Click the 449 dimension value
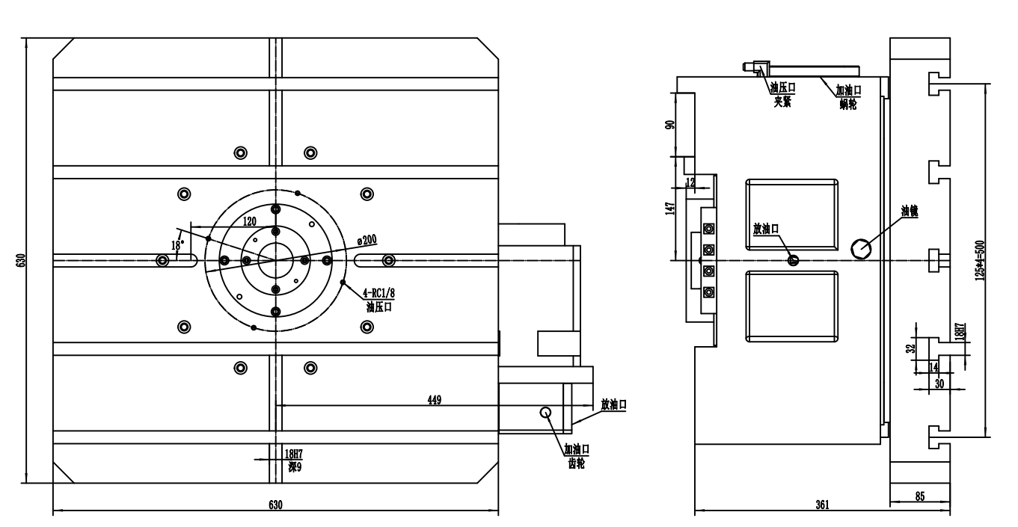pos(433,400)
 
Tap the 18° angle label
pos(177,244)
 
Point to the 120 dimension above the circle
pos(251,221)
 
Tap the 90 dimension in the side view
pos(670,125)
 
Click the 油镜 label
pos(909,211)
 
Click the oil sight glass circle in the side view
pos(862,248)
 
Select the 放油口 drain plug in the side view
pos(794,260)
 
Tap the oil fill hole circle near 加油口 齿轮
pos(546,412)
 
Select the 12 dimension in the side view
pos(689,182)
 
